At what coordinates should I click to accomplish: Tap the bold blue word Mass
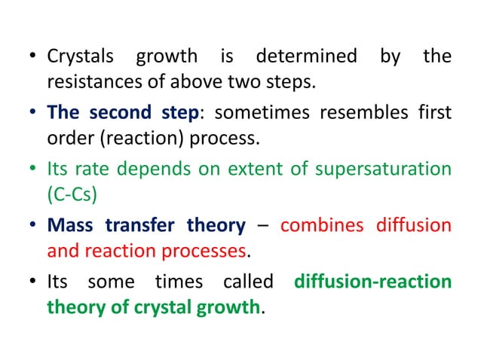(x=71, y=225)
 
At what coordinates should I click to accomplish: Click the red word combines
(x=317, y=225)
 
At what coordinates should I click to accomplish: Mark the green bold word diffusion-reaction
(x=373, y=282)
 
